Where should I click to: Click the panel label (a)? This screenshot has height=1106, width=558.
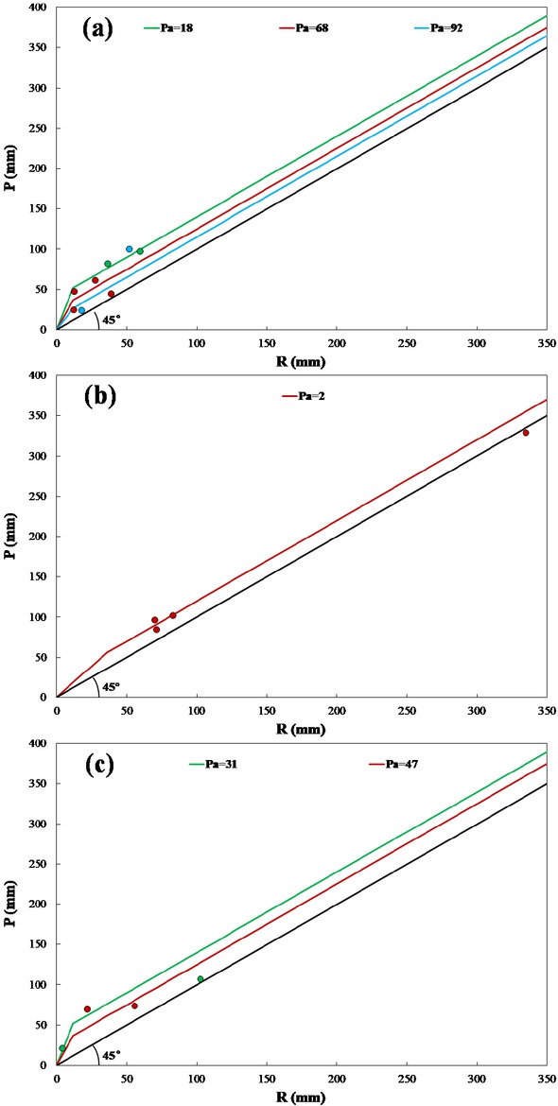pyautogui.click(x=97, y=28)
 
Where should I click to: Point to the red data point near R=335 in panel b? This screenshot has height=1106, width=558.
pyautogui.click(x=526, y=433)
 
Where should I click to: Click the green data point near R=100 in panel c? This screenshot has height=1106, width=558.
pyautogui.click(x=201, y=979)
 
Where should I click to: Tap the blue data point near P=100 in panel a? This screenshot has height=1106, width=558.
pyautogui.click(x=130, y=249)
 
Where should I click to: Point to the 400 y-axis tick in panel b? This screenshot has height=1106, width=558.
pyautogui.click(x=38, y=375)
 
